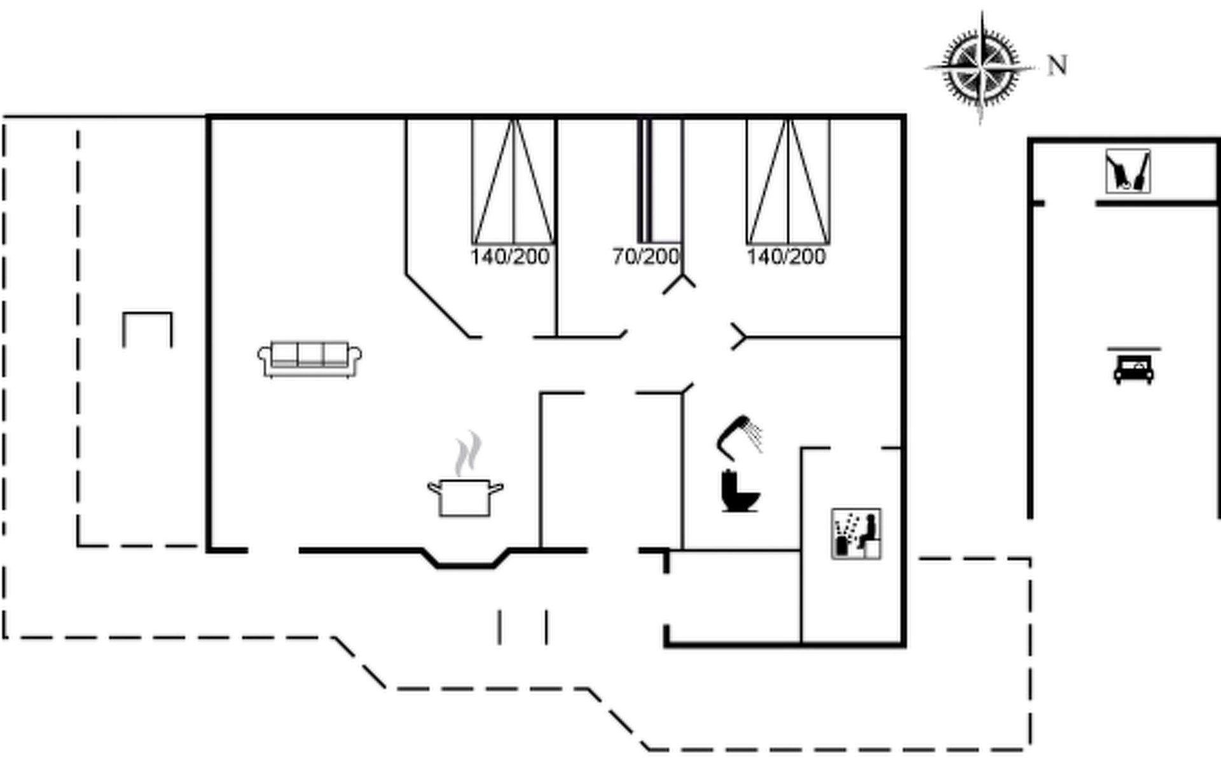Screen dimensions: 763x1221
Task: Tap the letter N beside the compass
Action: point(1057,65)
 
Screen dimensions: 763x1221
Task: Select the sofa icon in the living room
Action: point(310,359)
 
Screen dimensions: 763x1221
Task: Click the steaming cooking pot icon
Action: point(465,496)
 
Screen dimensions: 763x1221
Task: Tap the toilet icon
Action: point(740,491)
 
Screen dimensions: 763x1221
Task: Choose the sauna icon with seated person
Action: point(856,534)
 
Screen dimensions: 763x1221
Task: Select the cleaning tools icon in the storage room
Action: point(1128,171)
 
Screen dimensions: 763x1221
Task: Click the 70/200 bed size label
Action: point(645,257)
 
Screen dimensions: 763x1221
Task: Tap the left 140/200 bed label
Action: point(510,257)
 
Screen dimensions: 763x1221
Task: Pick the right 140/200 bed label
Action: point(786,257)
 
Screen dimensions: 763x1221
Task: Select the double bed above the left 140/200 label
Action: point(513,181)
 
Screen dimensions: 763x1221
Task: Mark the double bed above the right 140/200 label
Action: point(788,181)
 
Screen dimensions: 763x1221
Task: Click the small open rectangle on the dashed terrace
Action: point(147,328)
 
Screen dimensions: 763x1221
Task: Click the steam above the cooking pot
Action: point(467,453)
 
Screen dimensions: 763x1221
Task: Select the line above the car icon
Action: point(1133,349)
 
